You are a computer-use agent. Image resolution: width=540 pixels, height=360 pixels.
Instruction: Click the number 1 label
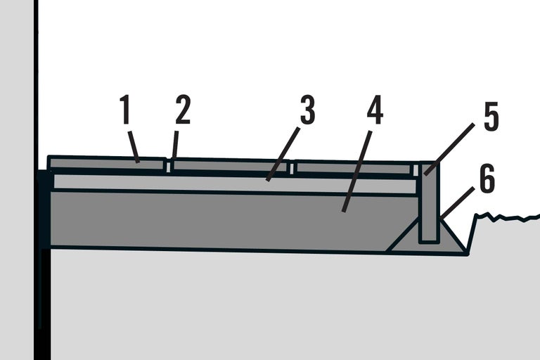click(125, 109)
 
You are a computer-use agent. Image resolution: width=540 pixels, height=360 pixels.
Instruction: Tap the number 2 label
click(183, 109)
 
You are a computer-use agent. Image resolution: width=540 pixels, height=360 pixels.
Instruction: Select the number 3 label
click(307, 109)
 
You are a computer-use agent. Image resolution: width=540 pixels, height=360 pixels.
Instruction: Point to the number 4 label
click(375, 109)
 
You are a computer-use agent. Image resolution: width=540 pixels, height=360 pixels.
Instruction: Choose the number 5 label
click(491, 117)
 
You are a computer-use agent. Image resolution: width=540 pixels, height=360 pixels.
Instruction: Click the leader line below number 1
click(134, 147)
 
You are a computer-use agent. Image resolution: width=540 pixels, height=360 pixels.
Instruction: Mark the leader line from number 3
click(283, 154)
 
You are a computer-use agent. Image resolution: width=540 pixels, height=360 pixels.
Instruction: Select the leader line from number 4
click(356, 172)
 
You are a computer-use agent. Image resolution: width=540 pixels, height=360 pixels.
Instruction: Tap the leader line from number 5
click(449, 150)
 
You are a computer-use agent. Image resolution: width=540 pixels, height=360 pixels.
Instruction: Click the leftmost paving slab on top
click(107, 162)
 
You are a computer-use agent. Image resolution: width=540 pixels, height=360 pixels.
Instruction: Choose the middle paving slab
click(230, 165)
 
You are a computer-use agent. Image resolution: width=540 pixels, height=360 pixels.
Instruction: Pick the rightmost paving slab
click(354, 167)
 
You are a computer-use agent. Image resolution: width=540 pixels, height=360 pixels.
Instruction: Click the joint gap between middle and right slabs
click(292, 168)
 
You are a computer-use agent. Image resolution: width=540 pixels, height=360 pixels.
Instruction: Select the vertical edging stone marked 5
click(429, 202)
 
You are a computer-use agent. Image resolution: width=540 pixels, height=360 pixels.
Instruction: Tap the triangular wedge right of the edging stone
click(452, 238)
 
